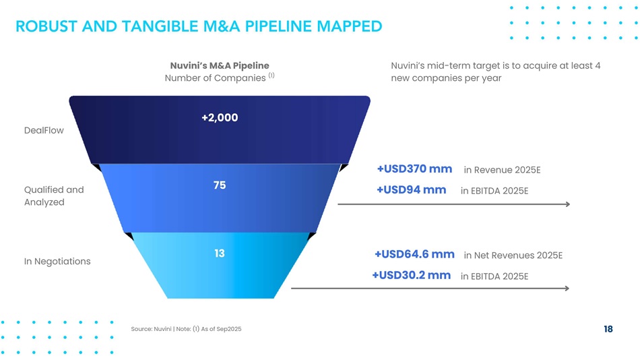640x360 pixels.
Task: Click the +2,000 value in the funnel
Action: (220, 118)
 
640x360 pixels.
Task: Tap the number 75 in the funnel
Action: (220, 185)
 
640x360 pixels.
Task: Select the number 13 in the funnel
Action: (220, 253)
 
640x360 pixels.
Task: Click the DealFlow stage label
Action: (44, 130)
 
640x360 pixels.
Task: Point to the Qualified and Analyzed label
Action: (54, 196)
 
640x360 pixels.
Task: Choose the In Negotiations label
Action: (57, 261)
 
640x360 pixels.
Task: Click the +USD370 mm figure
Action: (414, 169)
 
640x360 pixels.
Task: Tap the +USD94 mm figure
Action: (411, 189)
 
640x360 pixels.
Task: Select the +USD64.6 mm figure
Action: (414, 254)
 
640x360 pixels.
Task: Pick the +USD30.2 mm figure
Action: (411, 275)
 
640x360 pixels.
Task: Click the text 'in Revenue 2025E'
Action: (502, 170)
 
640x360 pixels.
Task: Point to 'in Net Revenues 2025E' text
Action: (513, 256)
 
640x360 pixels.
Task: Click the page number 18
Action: (608, 329)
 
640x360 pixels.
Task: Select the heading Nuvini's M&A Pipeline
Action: (220, 65)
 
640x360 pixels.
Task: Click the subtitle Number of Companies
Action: (215, 78)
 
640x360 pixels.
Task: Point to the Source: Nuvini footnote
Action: (186, 329)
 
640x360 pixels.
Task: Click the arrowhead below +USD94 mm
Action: (567, 204)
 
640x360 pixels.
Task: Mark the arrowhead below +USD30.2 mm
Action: (567, 289)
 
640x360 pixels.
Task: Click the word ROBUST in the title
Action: (46, 26)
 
